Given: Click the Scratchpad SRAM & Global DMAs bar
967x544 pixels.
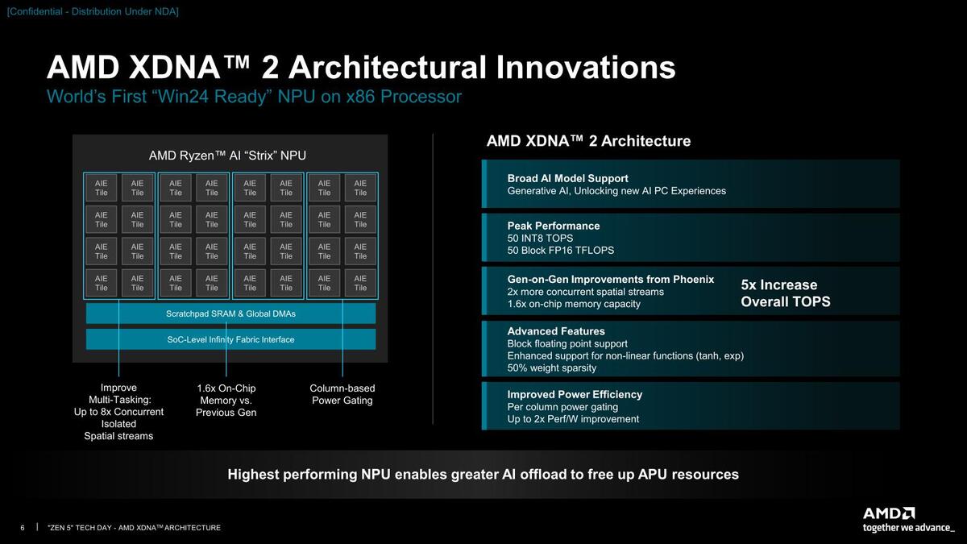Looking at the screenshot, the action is coord(230,314).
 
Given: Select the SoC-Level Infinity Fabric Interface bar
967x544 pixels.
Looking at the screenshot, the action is coord(230,339).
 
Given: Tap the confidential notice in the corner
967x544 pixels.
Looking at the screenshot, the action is coord(93,11).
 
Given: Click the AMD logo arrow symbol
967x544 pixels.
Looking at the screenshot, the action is coord(908,513).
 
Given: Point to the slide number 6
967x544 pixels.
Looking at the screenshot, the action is coord(23,528).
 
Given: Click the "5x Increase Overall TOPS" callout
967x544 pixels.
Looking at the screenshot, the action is coord(785,293).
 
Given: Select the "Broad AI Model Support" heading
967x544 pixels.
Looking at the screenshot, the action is coord(567,178).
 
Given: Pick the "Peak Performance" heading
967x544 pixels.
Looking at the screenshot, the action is coord(554,226).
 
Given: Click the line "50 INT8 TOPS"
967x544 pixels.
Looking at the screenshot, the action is coord(540,238).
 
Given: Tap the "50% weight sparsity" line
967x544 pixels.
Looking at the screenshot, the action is coord(552,368).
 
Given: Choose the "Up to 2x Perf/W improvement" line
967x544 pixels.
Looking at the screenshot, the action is coord(573,419).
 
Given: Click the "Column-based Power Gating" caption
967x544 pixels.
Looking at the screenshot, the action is coord(342,394).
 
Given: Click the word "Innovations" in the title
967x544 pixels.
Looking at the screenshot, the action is coord(586,68).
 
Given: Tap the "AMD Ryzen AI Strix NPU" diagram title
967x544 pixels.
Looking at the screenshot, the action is coord(227,156).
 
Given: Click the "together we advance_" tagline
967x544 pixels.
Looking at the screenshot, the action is coord(909,528).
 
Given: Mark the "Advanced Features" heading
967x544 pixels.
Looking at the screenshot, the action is coord(556,331).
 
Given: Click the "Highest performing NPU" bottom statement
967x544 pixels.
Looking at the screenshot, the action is coord(483,474).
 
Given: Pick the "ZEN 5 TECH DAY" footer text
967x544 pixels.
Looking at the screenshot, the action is coord(135,528).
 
